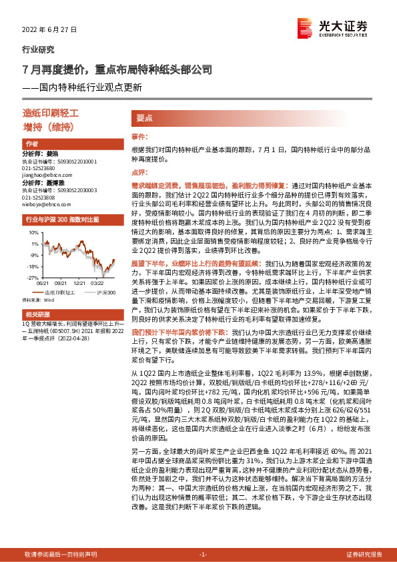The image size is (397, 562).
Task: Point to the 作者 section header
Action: pos(32,144)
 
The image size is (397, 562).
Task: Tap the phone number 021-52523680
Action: pos(41,168)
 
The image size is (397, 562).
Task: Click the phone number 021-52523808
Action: pos(41,198)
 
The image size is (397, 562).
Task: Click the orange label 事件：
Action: pos(139,137)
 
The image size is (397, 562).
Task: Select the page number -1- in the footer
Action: pos(204,555)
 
